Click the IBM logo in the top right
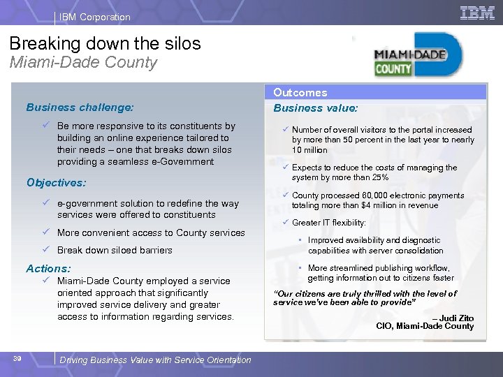pos(478,13)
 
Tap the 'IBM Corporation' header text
pos(94,17)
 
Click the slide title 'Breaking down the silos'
pos(105,43)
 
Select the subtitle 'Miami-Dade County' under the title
pos(83,62)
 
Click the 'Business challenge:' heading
pos(80,108)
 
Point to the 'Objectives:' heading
pos(56,182)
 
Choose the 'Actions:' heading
pos(48,268)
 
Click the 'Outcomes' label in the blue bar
pos(300,92)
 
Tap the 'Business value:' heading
pos(315,108)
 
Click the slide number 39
pos(18,359)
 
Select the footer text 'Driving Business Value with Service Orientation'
pos(155,360)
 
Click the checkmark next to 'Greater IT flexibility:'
pos(286,223)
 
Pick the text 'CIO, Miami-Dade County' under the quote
pos(425,326)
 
